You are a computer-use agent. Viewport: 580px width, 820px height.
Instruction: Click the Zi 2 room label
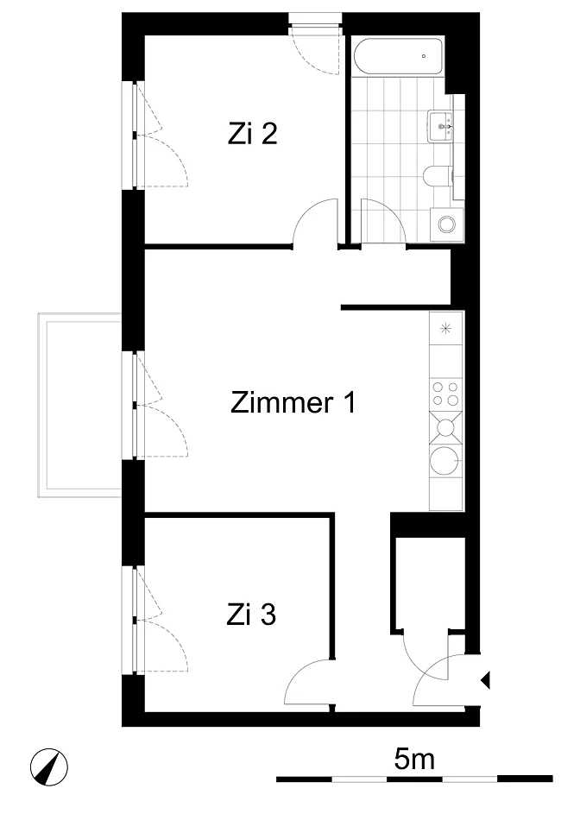[252, 134]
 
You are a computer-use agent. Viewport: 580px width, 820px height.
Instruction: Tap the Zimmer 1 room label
[293, 403]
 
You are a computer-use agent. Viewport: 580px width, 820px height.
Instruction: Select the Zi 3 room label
[251, 615]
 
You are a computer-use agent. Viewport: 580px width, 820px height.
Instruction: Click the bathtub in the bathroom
[398, 56]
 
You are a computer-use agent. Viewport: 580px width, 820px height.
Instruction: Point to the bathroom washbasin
[440, 126]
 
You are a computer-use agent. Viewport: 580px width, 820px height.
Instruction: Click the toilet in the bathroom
[436, 176]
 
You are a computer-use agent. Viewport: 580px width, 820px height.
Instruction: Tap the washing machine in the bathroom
[446, 224]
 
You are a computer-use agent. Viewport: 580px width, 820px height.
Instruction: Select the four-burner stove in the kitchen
[445, 394]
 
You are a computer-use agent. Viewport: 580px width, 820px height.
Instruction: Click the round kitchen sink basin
[444, 461]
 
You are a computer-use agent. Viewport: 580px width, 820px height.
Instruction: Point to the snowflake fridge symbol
[445, 328]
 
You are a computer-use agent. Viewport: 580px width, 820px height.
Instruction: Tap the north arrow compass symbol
[48, 767]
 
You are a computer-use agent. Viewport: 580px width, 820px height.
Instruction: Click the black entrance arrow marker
[485, 680]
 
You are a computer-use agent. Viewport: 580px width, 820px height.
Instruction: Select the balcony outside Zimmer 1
[79, 405]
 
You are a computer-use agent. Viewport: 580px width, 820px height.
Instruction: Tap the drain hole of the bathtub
[424, 56]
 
